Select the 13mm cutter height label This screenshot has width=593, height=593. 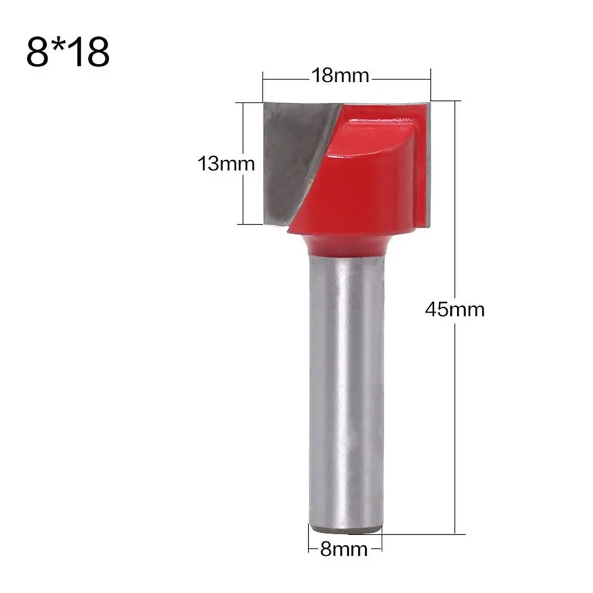click(x=226, y=163)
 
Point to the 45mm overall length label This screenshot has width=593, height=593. click(x=455, y=309)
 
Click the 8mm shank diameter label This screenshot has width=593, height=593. click(x=343, y=550)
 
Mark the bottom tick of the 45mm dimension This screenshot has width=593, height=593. click(x=456, y=534)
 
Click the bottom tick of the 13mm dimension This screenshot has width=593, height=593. click(x=249, y=224)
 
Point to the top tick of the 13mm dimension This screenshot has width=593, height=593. click(x=249, y=103)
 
